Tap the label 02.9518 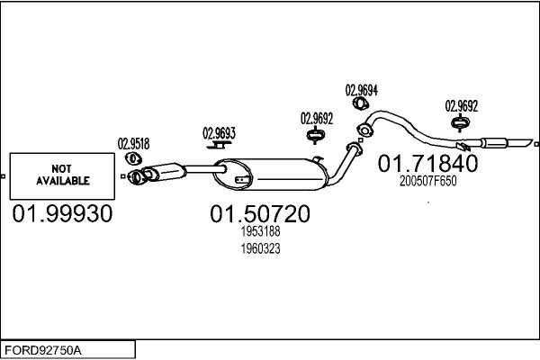(133, 142)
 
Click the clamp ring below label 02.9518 (135, 159)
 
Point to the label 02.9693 (219, 134)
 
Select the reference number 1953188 (260, 232)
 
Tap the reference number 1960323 (260, 249)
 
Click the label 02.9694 (362, 90)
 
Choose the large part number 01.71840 (427, 163)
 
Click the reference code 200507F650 (427, 180)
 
